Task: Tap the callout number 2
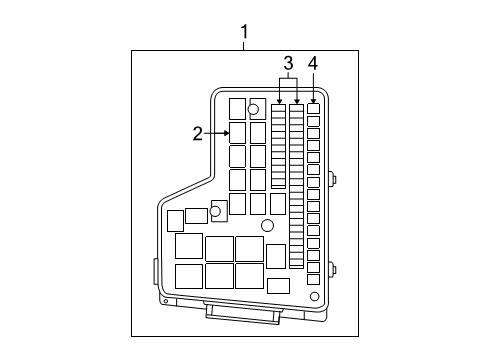[198, 131]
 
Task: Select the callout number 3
[287, 66]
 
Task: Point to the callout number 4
[313, 66]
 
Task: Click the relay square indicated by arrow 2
[237, 131]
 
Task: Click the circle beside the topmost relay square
[254, 109]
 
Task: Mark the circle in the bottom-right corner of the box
[314, 296]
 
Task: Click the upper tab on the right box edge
[332, 181]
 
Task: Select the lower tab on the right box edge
[332, 268]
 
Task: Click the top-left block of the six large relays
[188, 246]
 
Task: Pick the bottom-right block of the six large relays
[249, 275]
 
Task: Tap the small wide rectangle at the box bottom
[279, 285]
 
